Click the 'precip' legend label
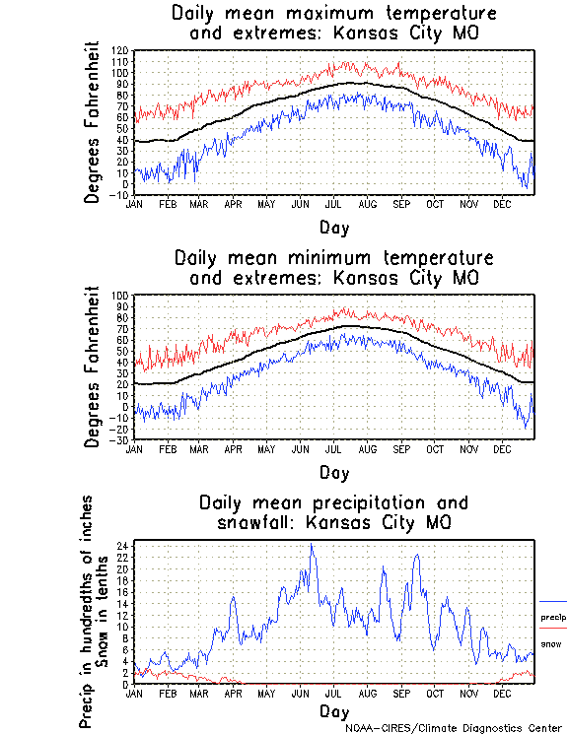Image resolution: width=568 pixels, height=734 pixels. click(x=553, y=618)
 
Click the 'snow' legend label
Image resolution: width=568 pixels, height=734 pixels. click(x=551, y=644)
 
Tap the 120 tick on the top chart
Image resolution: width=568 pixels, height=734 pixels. click(x=119, y=50)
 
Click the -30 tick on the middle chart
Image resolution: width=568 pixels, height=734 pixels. click(x=119, y=439)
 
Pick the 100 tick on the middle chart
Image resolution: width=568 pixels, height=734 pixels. click(x=119, y=296)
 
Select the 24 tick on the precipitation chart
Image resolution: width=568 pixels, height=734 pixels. click(x=121, y=545)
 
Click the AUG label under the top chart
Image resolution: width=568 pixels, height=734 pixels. click(x=367, y=204)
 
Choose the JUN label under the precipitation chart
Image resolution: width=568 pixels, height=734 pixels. click(x=300, y=693)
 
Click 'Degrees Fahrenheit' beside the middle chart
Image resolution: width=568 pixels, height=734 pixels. click(x=93, y=367)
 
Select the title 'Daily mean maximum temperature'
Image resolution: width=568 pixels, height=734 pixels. click(x=334, y=14)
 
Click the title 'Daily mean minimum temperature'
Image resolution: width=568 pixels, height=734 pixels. click(x=334, y=258)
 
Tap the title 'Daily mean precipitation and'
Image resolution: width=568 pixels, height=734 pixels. click(x=334, y=502)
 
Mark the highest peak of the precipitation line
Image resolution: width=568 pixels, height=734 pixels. click(x=312, y=544)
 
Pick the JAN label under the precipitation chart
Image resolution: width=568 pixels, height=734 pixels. click(x=134, y=693)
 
